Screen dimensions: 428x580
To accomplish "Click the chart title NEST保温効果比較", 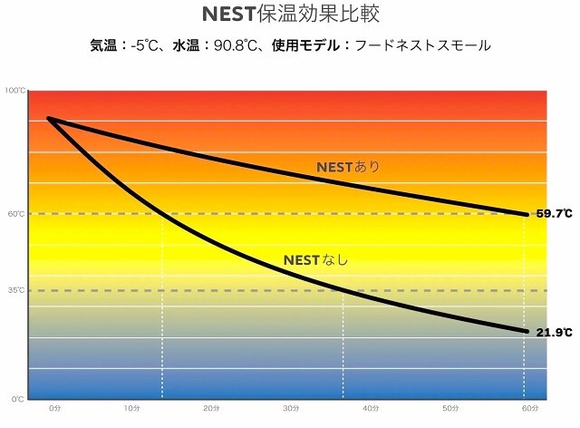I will [289, 15].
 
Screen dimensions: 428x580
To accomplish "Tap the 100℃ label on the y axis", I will [14, 91].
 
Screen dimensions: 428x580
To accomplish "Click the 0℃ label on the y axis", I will [17, 399].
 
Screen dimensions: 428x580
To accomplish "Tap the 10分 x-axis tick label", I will [132, 409].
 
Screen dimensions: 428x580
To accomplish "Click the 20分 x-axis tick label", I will [212, 409].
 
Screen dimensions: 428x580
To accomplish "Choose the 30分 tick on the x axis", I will [291, 409].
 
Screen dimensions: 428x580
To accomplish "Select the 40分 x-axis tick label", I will [371, 409].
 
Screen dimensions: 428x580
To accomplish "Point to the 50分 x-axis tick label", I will [449, 409].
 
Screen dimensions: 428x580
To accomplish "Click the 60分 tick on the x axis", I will [529, 409].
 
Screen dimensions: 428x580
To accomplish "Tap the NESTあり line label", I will [348, 167].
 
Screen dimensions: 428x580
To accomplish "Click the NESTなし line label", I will [315, 260].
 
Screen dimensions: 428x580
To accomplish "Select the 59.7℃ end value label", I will [554, 214].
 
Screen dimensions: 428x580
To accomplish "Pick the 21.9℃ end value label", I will [554, 333].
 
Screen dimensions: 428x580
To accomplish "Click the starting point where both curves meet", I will [48, 119].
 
